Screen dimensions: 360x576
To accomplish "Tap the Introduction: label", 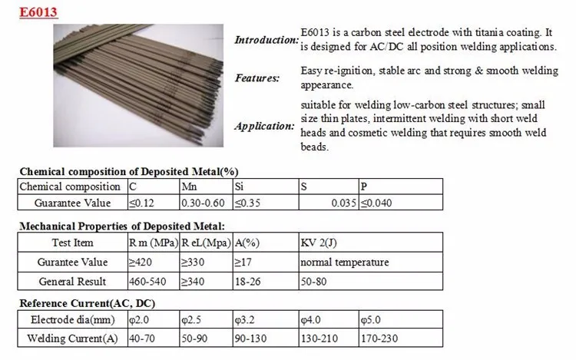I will pyautogui.click(x=265, y=40).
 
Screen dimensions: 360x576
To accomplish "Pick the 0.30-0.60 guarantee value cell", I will pyautogui.click(x=204, y=203).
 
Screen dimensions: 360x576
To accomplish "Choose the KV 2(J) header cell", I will pyautogui.click(x=319, y=243).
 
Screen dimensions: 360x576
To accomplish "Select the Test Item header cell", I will pyautogui.click(x=72, y=243).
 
